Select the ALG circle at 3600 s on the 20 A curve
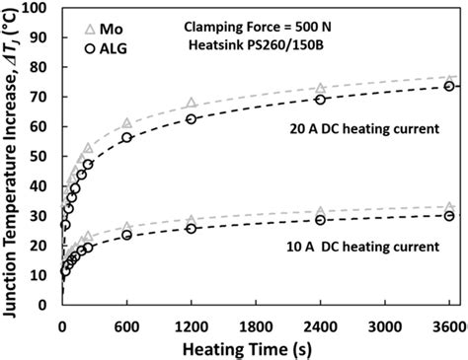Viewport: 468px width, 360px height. tap(449, 87)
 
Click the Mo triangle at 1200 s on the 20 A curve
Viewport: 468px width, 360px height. tap(192, 104)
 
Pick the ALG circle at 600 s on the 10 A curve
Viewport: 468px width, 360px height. tap(126, 236)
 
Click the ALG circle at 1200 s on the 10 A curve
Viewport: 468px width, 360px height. tap(192, 229)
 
